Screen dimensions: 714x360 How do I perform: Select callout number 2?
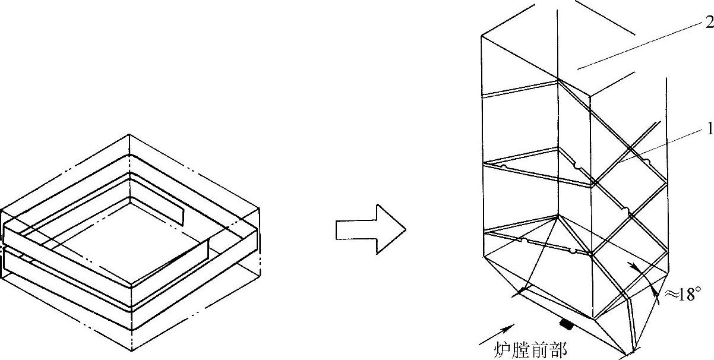click(x=709, y=23)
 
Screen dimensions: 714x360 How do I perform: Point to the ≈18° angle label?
click(x=681, y=295)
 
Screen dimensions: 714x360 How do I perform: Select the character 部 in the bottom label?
click(x=559, y=350)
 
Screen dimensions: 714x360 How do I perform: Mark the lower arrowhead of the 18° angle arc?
click(x=655, y=290)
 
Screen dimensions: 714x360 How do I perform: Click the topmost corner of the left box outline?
click(x=129, y=135)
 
